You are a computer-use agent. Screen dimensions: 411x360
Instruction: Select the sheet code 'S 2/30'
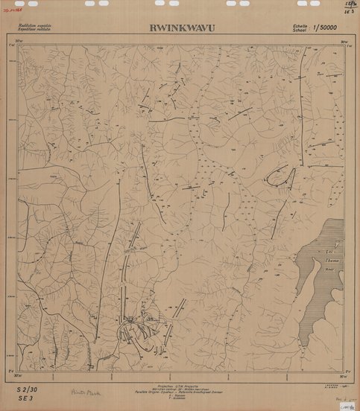point(27,389)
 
